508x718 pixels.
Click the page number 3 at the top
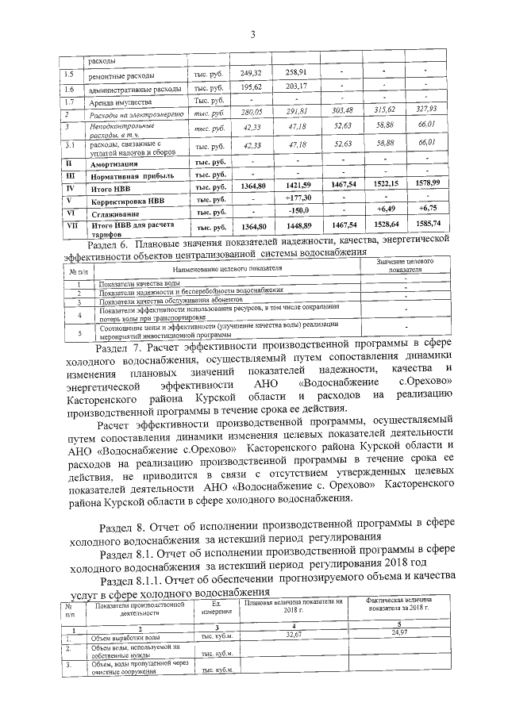pyautogui.click(x=252, y=33)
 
